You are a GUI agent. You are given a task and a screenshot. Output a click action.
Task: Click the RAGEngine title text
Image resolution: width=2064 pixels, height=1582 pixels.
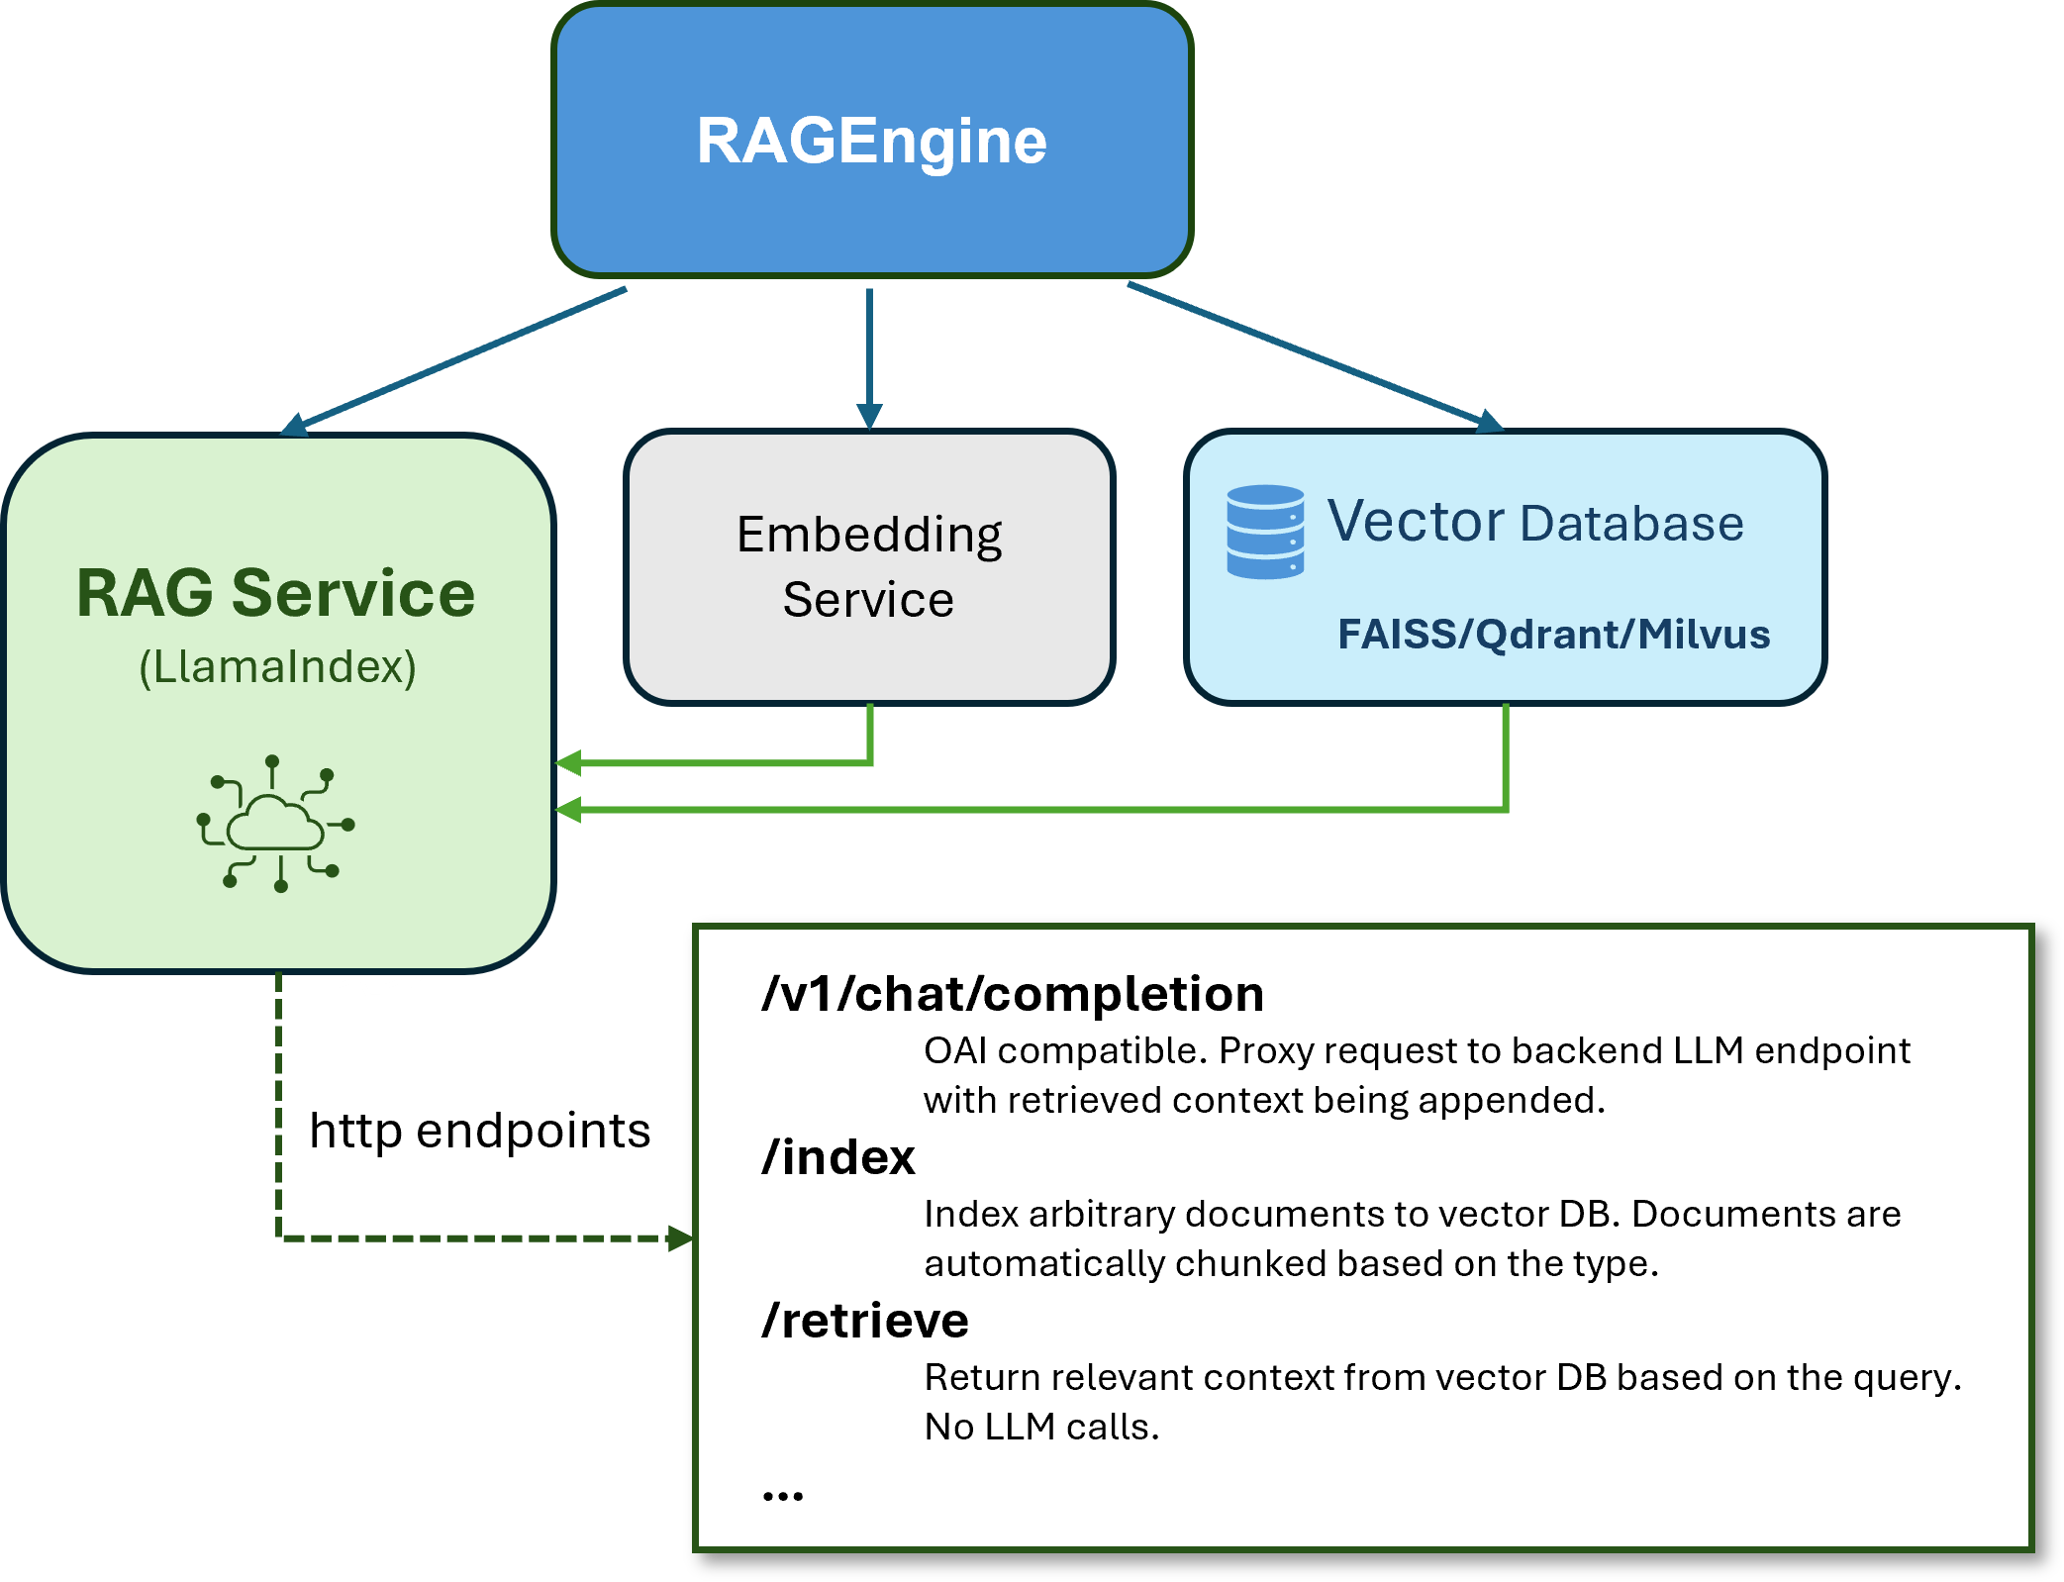(x=871, y=141)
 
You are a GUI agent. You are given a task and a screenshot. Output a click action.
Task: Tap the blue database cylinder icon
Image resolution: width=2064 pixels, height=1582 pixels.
(x=1264, y=532)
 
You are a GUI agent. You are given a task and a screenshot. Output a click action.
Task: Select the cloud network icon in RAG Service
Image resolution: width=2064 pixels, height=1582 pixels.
(x=276, y=824)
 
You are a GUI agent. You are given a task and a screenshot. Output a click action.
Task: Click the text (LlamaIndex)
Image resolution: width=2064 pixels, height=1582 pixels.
(x=277, y=666)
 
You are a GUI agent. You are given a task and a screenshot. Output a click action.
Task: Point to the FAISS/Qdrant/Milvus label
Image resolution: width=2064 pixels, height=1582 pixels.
(x=1552, y=635)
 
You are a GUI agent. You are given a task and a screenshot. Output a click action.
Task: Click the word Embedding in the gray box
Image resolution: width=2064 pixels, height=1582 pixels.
(x=869, y=536)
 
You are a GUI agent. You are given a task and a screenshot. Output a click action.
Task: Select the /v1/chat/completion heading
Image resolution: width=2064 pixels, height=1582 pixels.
(x=1013, y=994)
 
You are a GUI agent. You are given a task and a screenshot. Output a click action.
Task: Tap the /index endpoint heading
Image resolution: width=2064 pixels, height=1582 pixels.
(x=838, y=1157)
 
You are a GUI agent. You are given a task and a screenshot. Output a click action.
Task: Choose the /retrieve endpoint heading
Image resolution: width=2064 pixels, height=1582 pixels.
(x=865, y=1321)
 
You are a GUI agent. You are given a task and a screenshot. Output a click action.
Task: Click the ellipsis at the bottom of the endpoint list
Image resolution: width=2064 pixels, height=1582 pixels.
(x=782, y=1496)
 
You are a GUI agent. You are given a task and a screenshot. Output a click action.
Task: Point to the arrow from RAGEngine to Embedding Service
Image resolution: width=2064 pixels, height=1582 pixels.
(x=869, y=356)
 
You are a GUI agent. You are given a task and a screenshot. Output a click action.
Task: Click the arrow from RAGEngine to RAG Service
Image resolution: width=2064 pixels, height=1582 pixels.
(x=455, y=360)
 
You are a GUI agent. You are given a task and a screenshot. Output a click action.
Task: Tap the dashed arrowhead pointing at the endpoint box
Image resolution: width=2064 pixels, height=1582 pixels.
(x=680, y=1238)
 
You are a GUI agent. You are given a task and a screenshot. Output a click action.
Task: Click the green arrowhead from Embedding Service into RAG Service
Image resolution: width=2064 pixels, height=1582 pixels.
(x=568, y=763)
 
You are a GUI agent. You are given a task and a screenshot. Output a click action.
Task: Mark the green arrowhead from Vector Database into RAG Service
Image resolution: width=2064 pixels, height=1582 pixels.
(x=568, y=810)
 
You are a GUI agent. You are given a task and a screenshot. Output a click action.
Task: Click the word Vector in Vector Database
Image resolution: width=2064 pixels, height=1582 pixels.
(x=1415, y=522)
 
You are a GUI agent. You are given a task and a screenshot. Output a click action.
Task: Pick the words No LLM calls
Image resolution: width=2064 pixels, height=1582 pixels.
(x=1040, y=1428)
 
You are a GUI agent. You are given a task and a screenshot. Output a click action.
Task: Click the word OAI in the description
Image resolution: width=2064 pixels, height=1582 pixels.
(x=954, y=1051)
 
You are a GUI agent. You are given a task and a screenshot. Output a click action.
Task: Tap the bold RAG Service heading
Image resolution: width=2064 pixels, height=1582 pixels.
(x=276, y=594)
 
